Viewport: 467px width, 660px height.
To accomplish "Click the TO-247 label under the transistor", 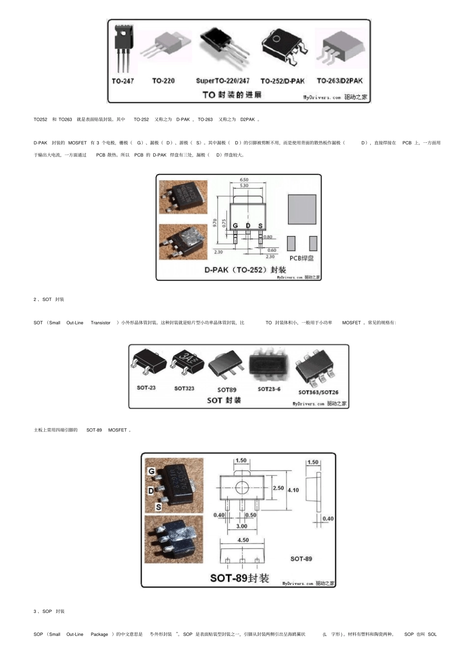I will point(123,81).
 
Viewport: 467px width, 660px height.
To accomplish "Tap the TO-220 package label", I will point(163,81).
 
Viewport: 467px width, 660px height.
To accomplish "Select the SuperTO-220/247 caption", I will point(223,81).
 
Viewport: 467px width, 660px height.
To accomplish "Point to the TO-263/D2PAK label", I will point(340,81).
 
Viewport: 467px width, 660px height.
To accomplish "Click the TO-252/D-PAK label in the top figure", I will point(283,81).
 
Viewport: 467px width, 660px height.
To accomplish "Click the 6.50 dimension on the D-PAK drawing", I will point(244,180).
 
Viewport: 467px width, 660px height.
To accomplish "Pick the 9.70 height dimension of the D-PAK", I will point(215,223).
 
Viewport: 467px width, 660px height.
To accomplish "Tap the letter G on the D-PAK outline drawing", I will point(235,226).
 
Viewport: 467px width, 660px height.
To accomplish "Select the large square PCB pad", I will point(302,210).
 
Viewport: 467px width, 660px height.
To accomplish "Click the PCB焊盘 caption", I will point(301,258).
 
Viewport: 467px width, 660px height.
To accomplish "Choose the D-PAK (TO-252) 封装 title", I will point(245,270).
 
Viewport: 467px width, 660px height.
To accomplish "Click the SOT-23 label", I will point(146,388).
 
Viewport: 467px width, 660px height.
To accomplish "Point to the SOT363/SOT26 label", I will point(318,392).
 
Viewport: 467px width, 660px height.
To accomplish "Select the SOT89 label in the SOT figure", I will point(227,390).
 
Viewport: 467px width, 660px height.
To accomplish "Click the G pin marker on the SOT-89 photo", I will point(152,472).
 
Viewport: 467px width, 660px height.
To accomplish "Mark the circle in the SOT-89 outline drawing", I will point(242,487).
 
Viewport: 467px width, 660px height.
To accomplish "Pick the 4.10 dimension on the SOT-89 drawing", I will point(293,490).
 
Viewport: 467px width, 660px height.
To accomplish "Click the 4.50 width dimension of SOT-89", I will point(243,540).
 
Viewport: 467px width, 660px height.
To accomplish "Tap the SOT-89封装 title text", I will point(239,578).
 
